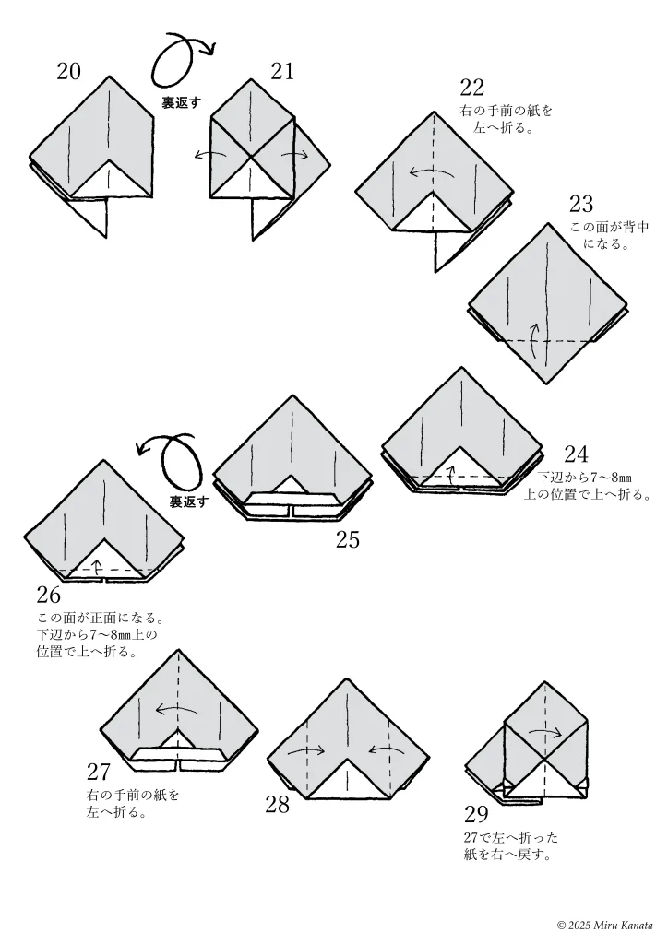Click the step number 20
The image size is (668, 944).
(x=68, y=71)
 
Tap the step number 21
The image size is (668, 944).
(x=282, y=71)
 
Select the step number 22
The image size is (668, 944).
(x=472, y=88)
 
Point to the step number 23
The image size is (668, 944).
(x=581, y=204)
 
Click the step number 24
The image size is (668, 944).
(x=576, y=454)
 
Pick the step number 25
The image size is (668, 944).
(x=347, y=540)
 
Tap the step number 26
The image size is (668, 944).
(x=48, y=595)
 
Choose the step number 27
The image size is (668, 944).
(x=99, y=772)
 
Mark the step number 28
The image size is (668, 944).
(x=277, y=805)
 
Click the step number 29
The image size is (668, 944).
(x=476, y=814)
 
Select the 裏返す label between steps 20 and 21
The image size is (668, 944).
(x=182, y=103)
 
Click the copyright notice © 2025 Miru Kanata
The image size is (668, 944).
(x=604, y=925)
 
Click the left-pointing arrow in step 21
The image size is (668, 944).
(x=209, y=155)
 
